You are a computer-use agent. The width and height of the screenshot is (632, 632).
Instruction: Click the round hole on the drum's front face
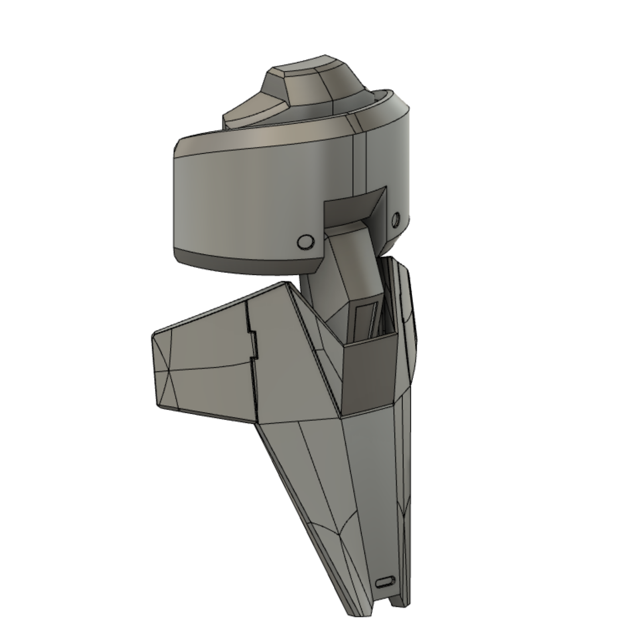[x=305, y=241]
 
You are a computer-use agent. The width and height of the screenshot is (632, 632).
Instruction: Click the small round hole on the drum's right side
[x=395, y=219]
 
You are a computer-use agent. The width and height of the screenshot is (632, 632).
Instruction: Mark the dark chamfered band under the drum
[x=241, y=261]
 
